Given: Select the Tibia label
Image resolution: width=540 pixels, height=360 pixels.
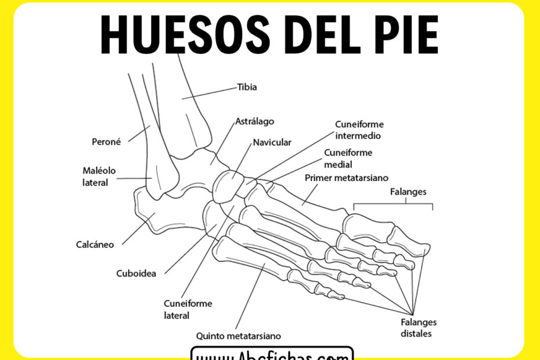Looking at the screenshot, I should pyautogui.click(x=247, y=87).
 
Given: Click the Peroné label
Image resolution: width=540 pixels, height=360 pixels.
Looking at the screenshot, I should pyautogui.click(x=106, y=141).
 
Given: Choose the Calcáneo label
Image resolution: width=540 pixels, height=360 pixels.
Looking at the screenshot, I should pyautogui.click(x=95, y=244).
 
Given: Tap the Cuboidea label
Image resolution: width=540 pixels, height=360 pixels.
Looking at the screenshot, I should pyautogui.click(x=135, y=273).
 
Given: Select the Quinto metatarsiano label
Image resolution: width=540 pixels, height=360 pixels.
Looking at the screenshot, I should pyautogui.click(x=239, y=336).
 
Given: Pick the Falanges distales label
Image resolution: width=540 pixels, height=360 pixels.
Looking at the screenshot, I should pyautogui.click(x=419, y=328).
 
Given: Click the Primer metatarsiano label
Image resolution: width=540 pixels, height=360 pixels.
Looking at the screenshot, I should pyautogui.click(x=347, y=178).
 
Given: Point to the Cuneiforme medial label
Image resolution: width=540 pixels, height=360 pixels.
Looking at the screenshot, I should pyautogui.click(x=348, y=158).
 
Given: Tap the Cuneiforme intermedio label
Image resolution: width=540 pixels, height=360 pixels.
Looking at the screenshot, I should pyautogui.click(x=359, y=130).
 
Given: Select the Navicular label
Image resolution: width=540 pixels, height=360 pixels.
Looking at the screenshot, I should pyautogui.click(x=272, y=142).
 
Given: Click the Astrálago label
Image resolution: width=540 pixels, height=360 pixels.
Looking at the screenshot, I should pyautogui.click(x=254, y=122).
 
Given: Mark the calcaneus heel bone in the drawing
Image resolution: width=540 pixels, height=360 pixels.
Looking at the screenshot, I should pyautogui.click(x=151, y=215).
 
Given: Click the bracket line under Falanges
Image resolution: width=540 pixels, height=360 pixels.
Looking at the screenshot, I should pyautogui.click(x=393, y=204).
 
